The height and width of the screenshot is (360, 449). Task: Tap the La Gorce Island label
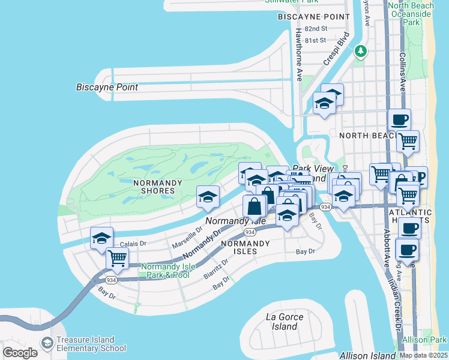(x=285, y=322)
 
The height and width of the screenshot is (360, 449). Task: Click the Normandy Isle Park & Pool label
(x=166, y=271)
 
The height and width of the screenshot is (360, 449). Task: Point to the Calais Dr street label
(x=133, y=244)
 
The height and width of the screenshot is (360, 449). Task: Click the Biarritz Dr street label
(x=217, y=266)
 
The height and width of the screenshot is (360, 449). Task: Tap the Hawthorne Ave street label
(x=298, y=55)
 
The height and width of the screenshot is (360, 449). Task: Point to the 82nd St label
(x=316, y=29)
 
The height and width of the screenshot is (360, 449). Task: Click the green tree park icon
(x=360, y=51)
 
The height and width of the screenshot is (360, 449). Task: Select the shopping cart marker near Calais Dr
(x=117, y=259)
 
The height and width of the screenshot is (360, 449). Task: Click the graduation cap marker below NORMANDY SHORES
(x=208, y=197)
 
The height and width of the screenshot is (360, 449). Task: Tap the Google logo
(x=20, y=353)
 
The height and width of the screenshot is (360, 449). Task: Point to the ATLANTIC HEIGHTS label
(x=411, y=217)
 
